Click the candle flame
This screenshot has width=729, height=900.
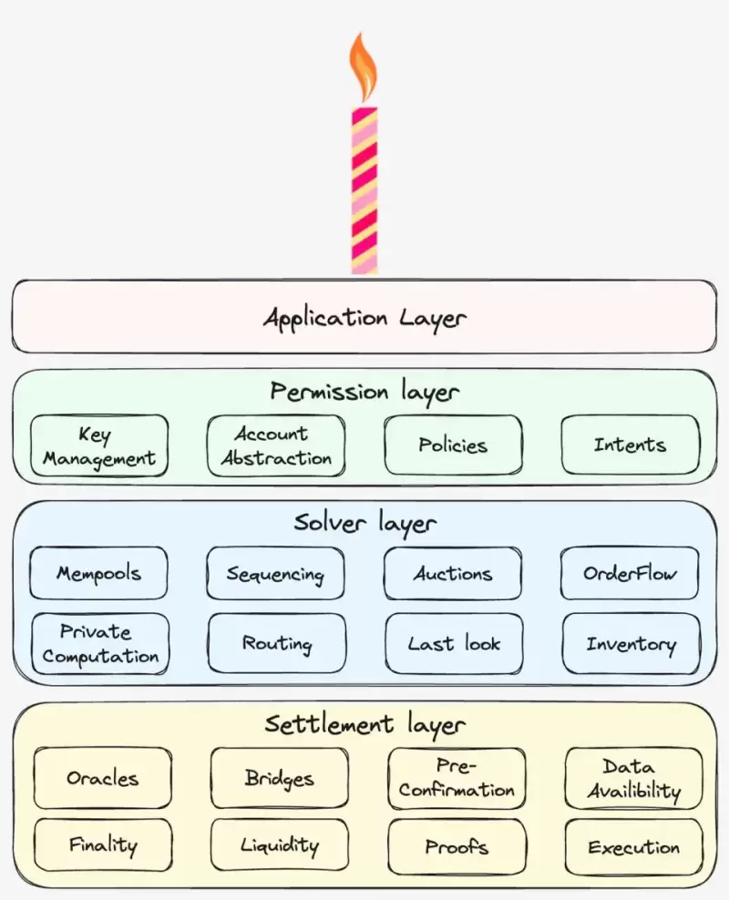(x=364, y=68)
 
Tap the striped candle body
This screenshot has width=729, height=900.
(x=364, y=191)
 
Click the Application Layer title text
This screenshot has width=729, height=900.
(x=364, y=318)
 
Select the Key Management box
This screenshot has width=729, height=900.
(x=99, y=445)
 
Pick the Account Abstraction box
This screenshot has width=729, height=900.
(x=276, y=445)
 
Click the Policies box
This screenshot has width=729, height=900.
(x=453, y=445)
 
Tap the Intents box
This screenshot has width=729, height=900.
(x=630, y=445)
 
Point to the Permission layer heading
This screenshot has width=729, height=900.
(x=364, y=392)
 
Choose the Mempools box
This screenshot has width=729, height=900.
(x=99, y=574)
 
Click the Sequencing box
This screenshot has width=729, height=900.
(x=275, y=574)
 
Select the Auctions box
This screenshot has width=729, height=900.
(x=453, y=574)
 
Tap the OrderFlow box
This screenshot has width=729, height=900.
(x=630, y=574)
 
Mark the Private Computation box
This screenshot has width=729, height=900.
(x=100, y=644)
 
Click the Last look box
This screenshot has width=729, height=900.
(x=454, y=644)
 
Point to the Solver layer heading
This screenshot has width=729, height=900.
(x=364, y=523)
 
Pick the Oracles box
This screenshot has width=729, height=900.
(x=103, y=779)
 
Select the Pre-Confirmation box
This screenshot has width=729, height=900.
(x=457, y=779)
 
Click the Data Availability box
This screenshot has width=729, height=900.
(x=633, y=779)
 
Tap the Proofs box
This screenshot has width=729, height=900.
(x=457, y=847)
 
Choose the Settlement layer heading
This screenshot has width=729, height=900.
(x=364, y=724)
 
